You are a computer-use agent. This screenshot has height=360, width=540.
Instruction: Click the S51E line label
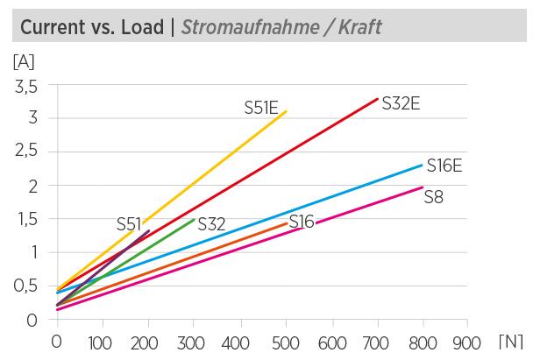[261, 108]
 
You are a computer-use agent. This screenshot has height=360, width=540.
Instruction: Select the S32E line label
[401, 103]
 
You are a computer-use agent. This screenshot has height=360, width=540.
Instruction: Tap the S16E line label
[444, 166]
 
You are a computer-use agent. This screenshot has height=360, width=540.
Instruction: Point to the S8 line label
[434, 197]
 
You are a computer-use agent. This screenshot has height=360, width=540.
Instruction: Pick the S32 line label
[211, 224]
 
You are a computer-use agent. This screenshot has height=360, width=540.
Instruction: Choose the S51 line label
[129, 224]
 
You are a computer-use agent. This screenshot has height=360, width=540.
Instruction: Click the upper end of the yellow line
[286, 111]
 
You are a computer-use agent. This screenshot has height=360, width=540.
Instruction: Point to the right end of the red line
[377, 99]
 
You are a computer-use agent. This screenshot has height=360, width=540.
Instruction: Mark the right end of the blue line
[422, 165]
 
